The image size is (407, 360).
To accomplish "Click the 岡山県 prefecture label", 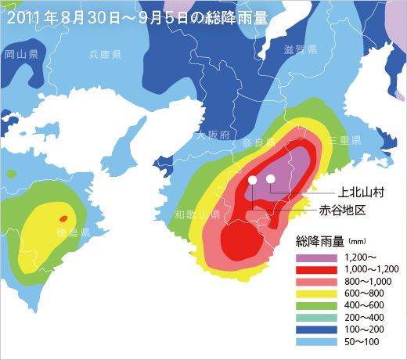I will pos(22,55).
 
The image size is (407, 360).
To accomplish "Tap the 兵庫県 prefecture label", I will pos(105,55).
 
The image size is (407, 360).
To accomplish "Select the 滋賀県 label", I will pos(301,50).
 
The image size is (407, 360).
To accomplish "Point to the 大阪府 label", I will pos(213,135).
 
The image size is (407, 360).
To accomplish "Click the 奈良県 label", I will pos(258,143).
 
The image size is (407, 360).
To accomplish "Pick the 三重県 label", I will pos(344,140).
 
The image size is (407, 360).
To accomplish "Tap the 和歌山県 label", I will pos(197,214).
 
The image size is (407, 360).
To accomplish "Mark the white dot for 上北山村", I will pos(271,179).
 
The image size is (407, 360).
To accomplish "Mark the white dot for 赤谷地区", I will pos(252,181).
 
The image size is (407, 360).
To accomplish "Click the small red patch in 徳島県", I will pos(63,218).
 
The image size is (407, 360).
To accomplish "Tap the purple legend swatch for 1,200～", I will pos(315,257).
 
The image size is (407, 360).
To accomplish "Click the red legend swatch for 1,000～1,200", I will pos(315,270).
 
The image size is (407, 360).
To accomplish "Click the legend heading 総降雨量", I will pos(320,241).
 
